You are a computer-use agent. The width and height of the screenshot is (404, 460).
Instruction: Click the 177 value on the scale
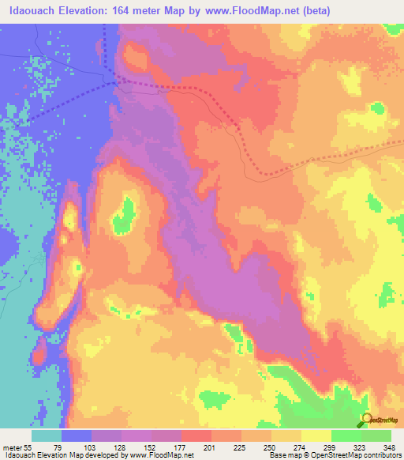181,447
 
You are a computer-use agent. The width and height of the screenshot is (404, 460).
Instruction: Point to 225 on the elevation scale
241,447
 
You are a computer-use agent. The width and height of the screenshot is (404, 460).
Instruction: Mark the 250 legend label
271,447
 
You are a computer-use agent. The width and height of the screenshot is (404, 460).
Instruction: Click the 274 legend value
301,447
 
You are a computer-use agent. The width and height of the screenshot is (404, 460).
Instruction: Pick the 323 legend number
361,447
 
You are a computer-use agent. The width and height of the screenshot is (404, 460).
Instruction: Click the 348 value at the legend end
389,447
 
